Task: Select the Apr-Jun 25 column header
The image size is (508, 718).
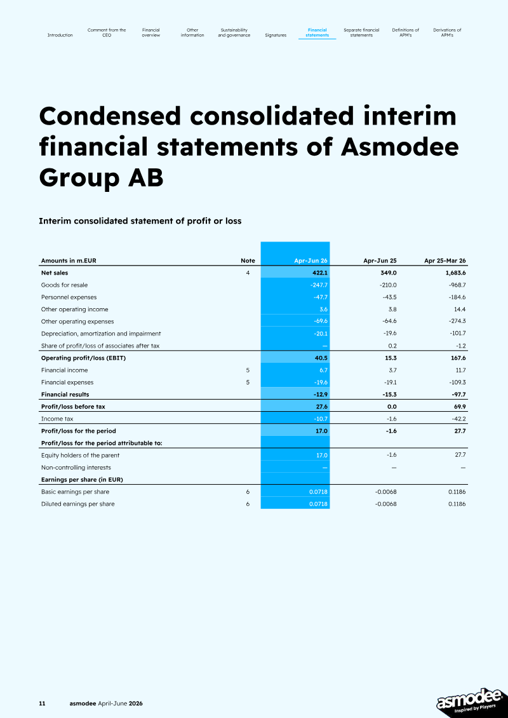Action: point(380,261)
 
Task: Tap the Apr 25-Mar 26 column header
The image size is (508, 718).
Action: point(445,261)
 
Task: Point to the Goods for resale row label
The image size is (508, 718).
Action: point(64,285)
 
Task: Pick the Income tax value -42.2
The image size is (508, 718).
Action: point(458,419)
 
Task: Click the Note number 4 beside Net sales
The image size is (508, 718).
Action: point(248,273)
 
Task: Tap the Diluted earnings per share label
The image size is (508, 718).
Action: point(78,504)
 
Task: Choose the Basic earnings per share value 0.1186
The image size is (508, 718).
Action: point(457,492)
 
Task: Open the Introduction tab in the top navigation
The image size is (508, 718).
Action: point(60,35)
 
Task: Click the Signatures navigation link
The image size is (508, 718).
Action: point(276,35)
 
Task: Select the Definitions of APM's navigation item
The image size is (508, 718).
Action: point(406,32)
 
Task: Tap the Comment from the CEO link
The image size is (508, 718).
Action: point(107,32)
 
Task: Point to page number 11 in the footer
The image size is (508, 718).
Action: point(42,703)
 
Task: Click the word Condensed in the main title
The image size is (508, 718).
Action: point(110,116)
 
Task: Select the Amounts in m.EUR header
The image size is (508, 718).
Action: point(69,261)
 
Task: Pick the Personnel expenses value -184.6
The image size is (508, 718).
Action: point(457,297)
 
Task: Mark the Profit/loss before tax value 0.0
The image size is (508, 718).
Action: point(392,407)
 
